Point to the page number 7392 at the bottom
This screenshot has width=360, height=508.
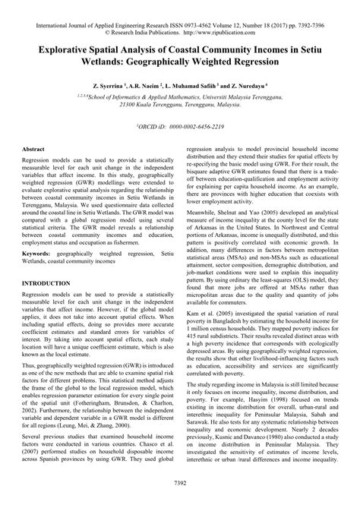coord(180,483)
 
